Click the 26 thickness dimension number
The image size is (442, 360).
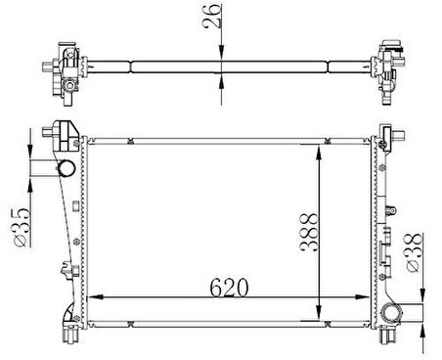click(x=212, y=17)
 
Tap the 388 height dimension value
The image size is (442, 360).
click(x=308, y=232)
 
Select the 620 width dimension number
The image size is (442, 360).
click(x=229, y=288)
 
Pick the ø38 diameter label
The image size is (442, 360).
click(x=413, y=253)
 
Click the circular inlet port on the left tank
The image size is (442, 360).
click(x=66, y=168)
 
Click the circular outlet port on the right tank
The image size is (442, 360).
click(x=392, y=313)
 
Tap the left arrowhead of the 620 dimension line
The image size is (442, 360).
click(x=96, y=297)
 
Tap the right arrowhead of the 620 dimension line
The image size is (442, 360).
click(x=363, y=297)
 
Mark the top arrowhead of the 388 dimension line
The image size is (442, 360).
click(x=319, y=152)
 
